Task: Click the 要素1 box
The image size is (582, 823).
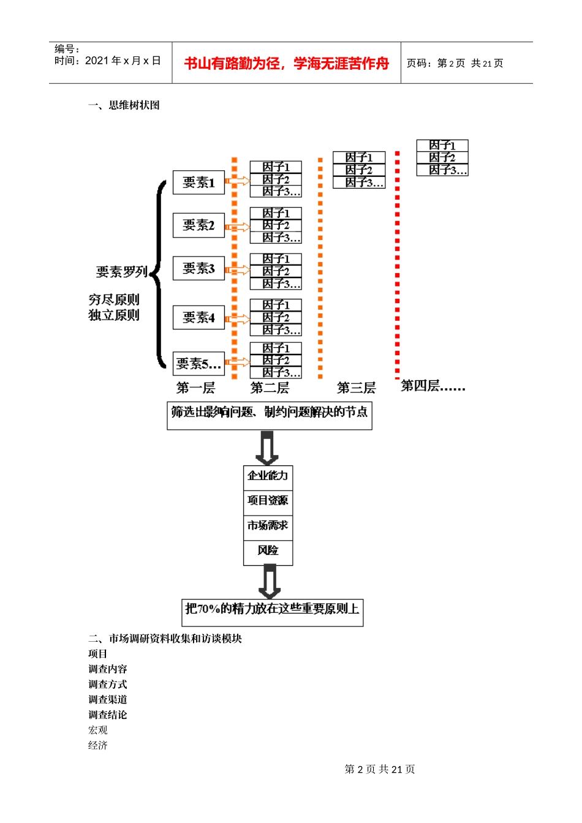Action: point(198,182)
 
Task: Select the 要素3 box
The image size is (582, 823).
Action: point(198,268)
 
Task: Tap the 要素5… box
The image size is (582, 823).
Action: point(198,364)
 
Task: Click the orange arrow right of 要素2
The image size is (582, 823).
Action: point(238,227)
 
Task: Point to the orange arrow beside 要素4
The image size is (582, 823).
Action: point(238,319)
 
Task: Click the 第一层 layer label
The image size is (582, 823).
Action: point(195,388)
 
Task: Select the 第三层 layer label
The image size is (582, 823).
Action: point(356,388)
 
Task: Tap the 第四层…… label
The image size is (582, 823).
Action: point(433,386)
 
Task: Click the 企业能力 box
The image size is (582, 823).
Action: point(268,476)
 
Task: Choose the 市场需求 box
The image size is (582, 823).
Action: point(268,525)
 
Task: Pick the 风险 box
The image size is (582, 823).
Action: point(268,551)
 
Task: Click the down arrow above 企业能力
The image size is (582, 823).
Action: point(267,448)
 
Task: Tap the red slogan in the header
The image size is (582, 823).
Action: point(286,63)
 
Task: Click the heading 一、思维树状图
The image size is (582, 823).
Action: point(124,105)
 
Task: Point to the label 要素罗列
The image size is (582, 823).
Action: point(121,271)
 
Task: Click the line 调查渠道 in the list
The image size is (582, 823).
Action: point(107,699)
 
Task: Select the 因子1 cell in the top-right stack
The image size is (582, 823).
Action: point(442,145)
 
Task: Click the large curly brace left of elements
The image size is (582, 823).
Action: point(159,274)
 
